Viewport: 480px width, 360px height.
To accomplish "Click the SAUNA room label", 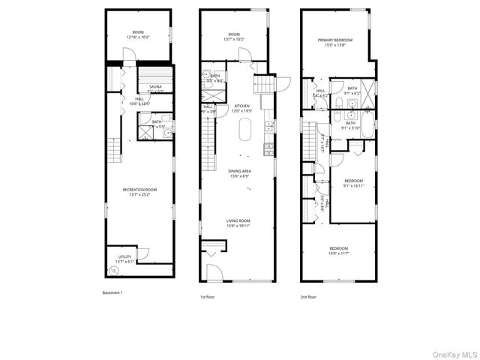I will pos(155,87).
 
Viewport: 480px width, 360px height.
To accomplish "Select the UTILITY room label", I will pos(124,256).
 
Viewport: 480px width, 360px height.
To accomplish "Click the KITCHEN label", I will pos(241,106).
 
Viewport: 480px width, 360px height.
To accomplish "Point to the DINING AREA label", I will pos(240,171).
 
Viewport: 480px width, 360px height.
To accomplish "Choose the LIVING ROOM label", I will pos(238,220).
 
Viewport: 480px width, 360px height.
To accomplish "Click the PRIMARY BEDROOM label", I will pos(335,40).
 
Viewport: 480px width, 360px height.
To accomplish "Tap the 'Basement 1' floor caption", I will pos(112,292).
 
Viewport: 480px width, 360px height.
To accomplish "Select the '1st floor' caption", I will pos(208,297).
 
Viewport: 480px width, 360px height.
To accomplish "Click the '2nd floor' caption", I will pos(307,297).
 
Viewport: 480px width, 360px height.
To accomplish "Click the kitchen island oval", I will pos(244,133).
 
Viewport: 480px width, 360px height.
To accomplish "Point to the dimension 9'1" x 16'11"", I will pos(353,185).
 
